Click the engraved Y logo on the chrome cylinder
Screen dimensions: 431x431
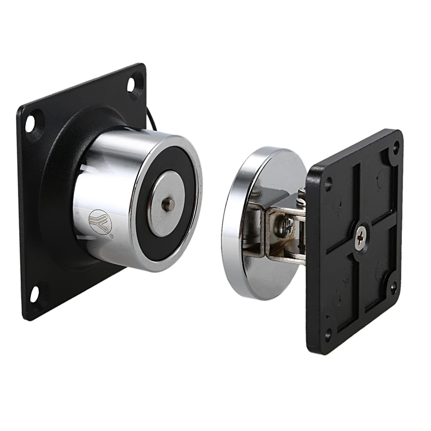[98, 220]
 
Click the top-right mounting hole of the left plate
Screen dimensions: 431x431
[132, 85]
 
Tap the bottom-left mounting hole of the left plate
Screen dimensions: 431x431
[34, 293]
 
